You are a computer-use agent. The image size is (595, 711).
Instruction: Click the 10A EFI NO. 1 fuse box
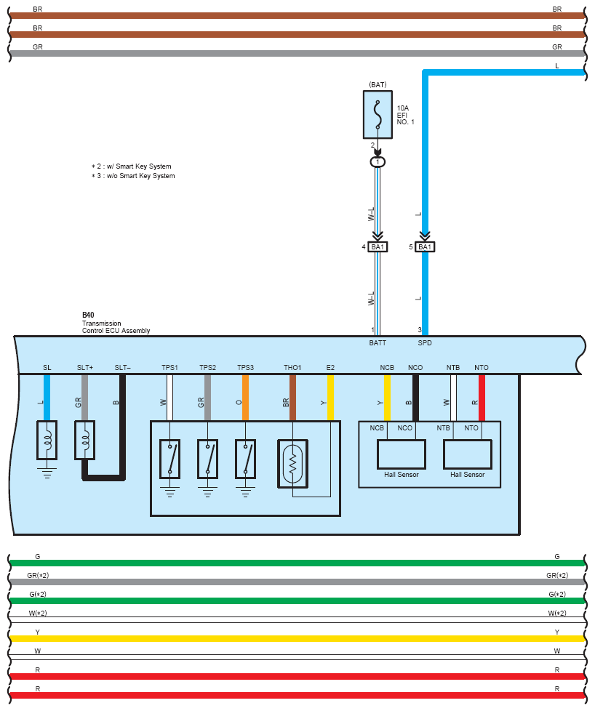378,115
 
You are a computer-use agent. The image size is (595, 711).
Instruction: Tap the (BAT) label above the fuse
378,85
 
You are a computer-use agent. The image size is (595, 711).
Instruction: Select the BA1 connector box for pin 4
378,246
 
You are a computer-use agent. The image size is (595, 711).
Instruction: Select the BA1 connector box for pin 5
425,246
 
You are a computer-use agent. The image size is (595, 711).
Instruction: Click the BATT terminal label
378,343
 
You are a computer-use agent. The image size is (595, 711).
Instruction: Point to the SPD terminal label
425,343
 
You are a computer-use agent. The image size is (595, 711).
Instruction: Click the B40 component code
88,315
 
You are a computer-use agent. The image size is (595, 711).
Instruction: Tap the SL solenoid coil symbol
47,441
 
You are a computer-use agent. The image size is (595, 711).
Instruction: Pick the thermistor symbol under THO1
292,464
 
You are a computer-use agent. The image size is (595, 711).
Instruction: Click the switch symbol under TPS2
207,459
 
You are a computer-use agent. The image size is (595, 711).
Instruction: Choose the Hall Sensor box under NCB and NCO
402,454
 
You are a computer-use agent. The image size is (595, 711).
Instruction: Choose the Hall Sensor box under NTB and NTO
468,454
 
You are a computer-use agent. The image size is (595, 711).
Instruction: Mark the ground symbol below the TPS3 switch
246,492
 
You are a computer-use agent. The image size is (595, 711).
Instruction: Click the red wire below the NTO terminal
482,398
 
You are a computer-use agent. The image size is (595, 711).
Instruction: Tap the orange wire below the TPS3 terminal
246,398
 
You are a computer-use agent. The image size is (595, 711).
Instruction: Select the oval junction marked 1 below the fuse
378,162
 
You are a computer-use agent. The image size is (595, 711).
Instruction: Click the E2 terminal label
330,367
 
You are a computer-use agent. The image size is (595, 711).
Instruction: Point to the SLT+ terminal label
85,367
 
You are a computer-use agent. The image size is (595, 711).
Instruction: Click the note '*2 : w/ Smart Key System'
132,166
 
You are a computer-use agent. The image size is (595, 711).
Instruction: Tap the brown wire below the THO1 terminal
292,398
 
